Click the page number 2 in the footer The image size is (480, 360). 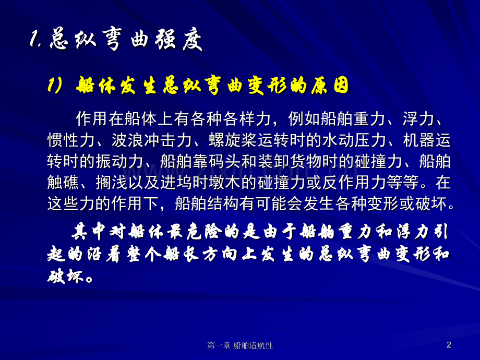click(449, 345)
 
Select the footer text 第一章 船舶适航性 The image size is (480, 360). click(240, 345)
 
